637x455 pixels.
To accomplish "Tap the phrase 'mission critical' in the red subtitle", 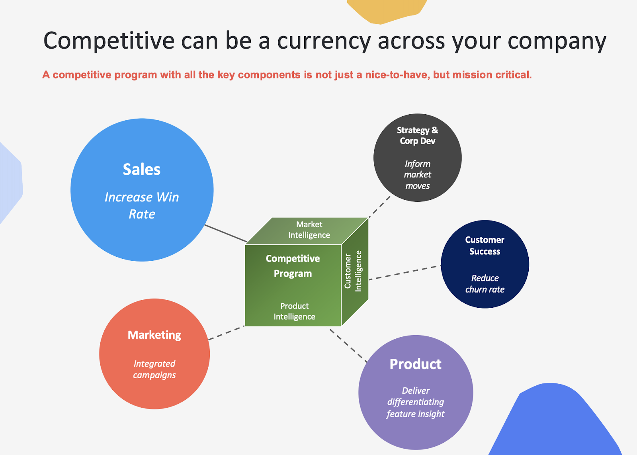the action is point(492,75).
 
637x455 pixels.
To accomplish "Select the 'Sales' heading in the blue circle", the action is point(142,170).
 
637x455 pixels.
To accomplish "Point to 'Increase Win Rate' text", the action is point(142,205).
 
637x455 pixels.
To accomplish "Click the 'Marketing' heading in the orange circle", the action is point(154,335).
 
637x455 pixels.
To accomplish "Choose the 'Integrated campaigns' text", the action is point(154,369).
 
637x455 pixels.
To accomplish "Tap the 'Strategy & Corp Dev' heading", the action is point(418,135).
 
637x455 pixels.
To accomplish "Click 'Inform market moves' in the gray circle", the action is point(418,175).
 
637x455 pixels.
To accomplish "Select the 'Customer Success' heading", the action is point(485,246).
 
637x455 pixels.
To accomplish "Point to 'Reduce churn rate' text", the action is point(485,283).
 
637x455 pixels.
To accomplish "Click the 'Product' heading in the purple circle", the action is point(416,364).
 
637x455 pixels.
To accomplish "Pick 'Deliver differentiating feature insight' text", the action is point(416,402).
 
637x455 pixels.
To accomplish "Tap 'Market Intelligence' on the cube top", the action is point(309,230).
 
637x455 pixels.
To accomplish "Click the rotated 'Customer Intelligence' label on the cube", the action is point(353,271).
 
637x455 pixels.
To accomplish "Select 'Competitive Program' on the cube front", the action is point(293,266).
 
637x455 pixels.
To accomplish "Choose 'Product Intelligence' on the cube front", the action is point(294,311).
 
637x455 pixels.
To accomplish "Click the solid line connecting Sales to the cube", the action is point(226,234).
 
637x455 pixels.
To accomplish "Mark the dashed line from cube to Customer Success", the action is point(404,273).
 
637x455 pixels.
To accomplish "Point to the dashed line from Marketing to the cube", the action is point(227,333).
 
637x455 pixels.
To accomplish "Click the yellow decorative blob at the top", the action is point(387,10).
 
